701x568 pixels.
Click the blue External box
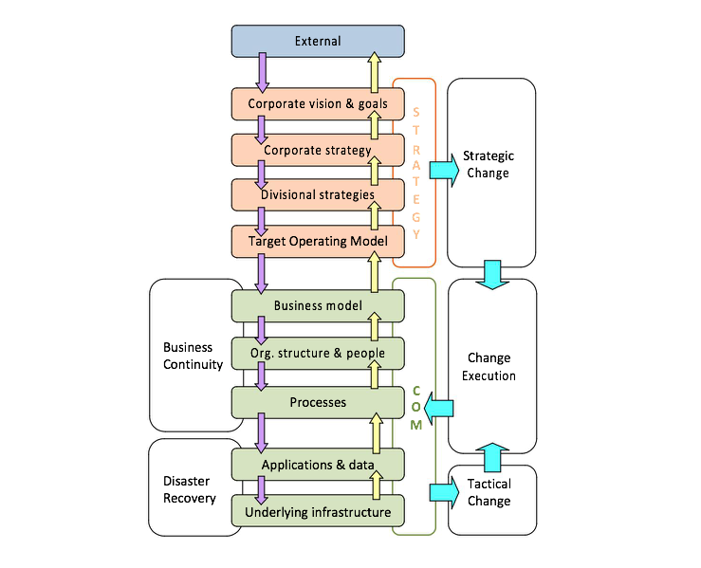pyautogui.click(x=318, y=41)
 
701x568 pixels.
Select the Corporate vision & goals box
pyautogui.click(x=318, y=103)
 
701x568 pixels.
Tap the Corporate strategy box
pyautogui.click(x=318, y=150)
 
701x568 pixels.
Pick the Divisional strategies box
pyautogui.click(x=318, y=195)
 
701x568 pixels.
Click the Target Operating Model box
pyautogui.click(x=318, y=241)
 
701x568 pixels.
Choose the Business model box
pyautogui.click(x=318, y=305)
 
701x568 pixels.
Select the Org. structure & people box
pyautogui.click(x=318, y=354)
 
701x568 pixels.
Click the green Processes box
pyautogui.click(x=318, y=402)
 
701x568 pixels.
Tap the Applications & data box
pyautogui.click(x=318, y=465)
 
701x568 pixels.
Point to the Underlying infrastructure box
pyautogui.click(x=318, y=512)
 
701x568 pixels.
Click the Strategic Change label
pyautogui.click(x=489, y=164)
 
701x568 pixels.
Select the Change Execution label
pyautogui.click(x=490, y=367)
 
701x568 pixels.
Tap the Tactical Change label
pyautogui.click(x=489, y=492)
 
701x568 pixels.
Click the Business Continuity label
pyautogui.click(x=193, y=356)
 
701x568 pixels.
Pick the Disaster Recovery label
pyautogui.click(x=190, y=489)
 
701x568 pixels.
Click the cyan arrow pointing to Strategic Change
pyautogui.click(x=444, y=169)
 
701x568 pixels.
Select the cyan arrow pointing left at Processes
pyautogui.click(x=440, y=409)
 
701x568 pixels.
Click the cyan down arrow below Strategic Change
pyautogui.click(x=491, y=274)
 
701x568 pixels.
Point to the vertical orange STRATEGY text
pyautogui.click(x=415, y=173)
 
